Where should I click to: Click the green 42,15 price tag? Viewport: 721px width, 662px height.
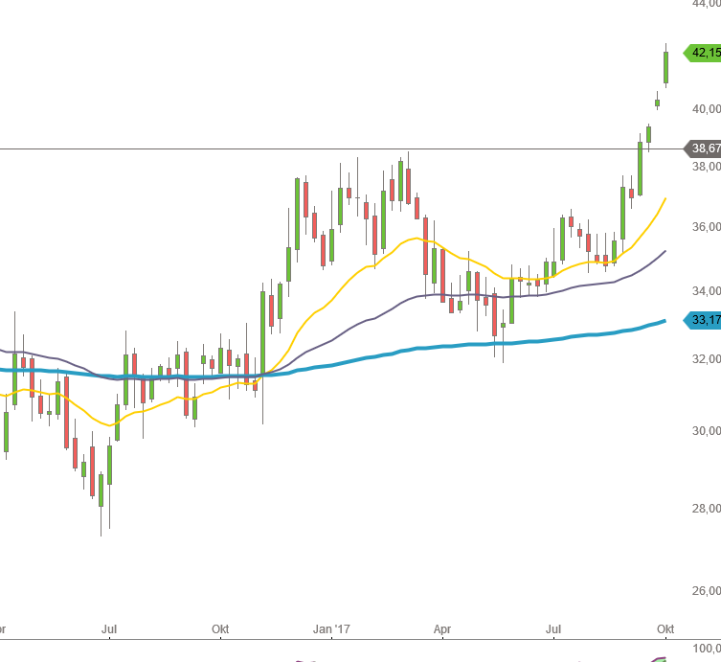coord(704,53)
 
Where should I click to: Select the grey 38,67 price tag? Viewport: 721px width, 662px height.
coord(704,148)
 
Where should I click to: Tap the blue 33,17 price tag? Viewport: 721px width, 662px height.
coord(704,320)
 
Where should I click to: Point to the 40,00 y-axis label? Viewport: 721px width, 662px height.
coord(707,109)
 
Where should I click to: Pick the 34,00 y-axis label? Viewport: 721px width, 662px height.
coord(707,291)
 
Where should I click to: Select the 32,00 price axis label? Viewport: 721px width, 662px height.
coord(707,359)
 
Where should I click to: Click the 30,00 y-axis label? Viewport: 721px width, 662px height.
coord(707,430)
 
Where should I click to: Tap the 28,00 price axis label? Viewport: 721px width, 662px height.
coord(707,510)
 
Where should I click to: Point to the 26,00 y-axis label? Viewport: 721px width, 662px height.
coord(707,591)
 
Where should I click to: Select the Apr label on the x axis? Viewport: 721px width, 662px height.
coord(441,628)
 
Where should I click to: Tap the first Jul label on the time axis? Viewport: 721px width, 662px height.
coord(109,628)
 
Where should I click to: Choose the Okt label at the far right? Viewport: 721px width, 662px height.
coord(665,628)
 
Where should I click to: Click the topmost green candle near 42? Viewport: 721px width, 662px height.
coord(665,66)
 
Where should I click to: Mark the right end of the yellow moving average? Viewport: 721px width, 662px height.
coord(665,199)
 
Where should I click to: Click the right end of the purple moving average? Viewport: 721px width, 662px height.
coord(665,251)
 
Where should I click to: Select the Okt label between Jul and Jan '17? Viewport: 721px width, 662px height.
coord(221,628)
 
